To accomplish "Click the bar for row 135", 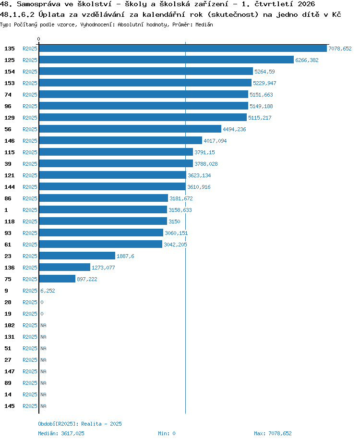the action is click(x=183, y=49).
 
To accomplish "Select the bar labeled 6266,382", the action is click(x=166, y=60).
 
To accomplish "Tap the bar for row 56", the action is click(x=130, y=129).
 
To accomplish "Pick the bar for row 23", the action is click(x=77, y=256).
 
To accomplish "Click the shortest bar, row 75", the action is click(x=57, y=279).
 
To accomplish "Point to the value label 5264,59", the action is click(x=264, y=72).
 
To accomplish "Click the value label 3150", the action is click(x=174, y=221).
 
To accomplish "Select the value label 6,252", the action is click(x=48, y=291).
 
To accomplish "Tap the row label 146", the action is click(x=10, y=141).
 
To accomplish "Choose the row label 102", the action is click(x=10, y=325).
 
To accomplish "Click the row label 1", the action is click(x=6, y=210).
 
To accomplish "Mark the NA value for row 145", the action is click(x=43, y=406).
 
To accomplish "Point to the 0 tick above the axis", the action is click(x=38, y=39).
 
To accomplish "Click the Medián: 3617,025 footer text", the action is click(x=61, y=433).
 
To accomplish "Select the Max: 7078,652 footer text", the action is click(x=273, y=433).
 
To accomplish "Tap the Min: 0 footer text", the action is click(x=167, y=433).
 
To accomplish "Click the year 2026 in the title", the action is click(x=306, y=4).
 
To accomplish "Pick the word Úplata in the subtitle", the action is click(x=51, y=14).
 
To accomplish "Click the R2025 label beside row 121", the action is click(x=30, y=175).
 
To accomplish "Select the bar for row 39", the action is click(x=116, y=163).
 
